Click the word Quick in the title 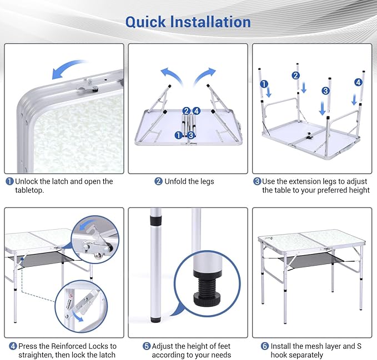coord(145,22)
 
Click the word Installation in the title coord(210,22)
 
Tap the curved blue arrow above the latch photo coord(68,69)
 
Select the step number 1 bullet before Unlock coord(9,181)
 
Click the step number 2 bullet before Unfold coord(158,181)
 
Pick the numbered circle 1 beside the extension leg coord(264,84)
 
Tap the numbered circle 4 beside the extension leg coord(358,82)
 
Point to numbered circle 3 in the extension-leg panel coord(325,91)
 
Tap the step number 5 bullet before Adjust coord(147,346)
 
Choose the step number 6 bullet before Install coord(265,346)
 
